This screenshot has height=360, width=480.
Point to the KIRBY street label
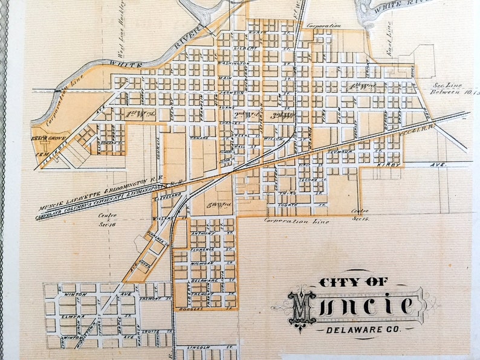coord(386,164)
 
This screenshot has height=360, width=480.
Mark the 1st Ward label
coord(140,114)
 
